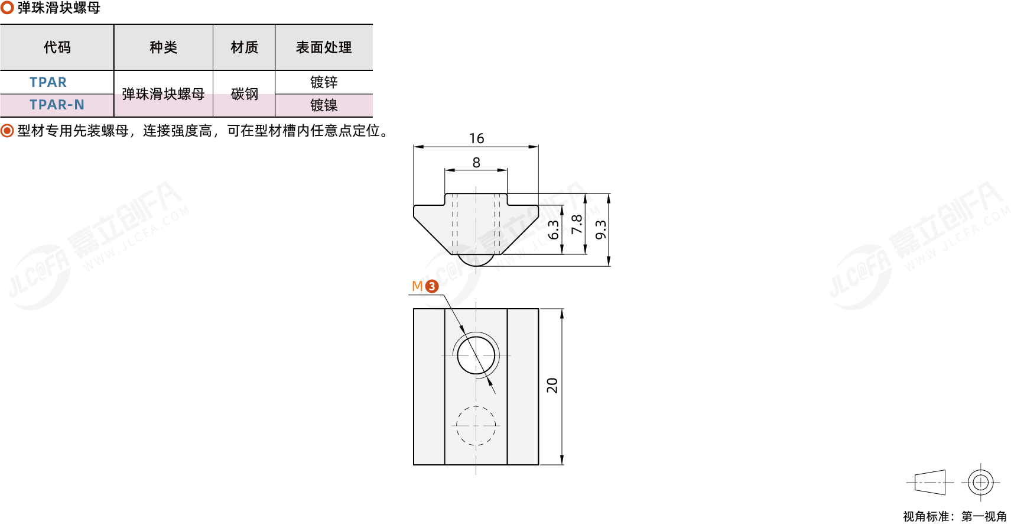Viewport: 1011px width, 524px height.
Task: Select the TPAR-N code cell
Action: tap(57, 105)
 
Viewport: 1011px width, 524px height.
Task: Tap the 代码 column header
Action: tap(57, 47)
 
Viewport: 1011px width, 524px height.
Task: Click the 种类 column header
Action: tap(163, 47)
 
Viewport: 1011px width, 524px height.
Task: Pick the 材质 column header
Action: tap(244, 47)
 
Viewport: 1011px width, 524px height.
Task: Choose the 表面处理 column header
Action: tap(324, 47)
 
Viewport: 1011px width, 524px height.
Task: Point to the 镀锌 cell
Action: tap(324, 82)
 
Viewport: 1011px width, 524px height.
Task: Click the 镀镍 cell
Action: tap(324, 105)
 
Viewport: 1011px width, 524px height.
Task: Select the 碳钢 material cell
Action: tap(244, 94)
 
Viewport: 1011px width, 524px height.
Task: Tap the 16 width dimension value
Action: tap(477, 138)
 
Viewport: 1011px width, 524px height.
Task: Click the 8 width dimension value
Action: tap(476, 163)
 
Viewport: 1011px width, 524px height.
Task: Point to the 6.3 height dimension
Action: tap(553, 230)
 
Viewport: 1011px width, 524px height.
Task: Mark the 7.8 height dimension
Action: tap(577, 225)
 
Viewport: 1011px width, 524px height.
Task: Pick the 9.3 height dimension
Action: tap(601, 230)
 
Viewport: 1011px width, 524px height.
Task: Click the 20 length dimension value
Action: tap(552, 386)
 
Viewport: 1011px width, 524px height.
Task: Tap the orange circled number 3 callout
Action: tap(432, 286)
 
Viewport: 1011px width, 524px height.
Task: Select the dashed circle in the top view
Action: tap(476, 406)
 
